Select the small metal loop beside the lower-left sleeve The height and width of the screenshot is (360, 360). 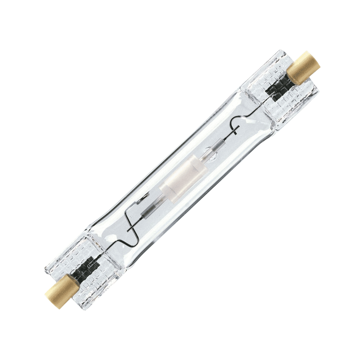(x=144, y=197)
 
